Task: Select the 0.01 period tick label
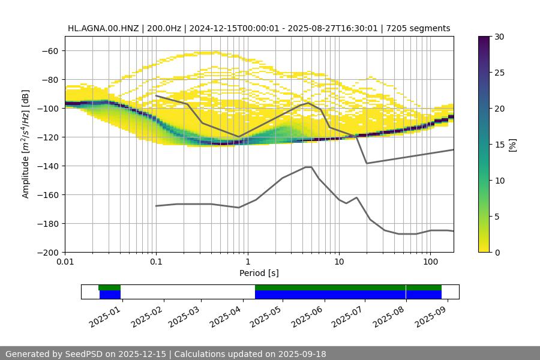tap(65, 262)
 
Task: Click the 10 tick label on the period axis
tap(338, 262)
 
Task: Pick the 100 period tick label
tap(430, 262)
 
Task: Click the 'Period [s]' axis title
tap(259, 274)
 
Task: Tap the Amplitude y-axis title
tap(26, 144)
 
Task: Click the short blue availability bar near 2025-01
tap(110, 295)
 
